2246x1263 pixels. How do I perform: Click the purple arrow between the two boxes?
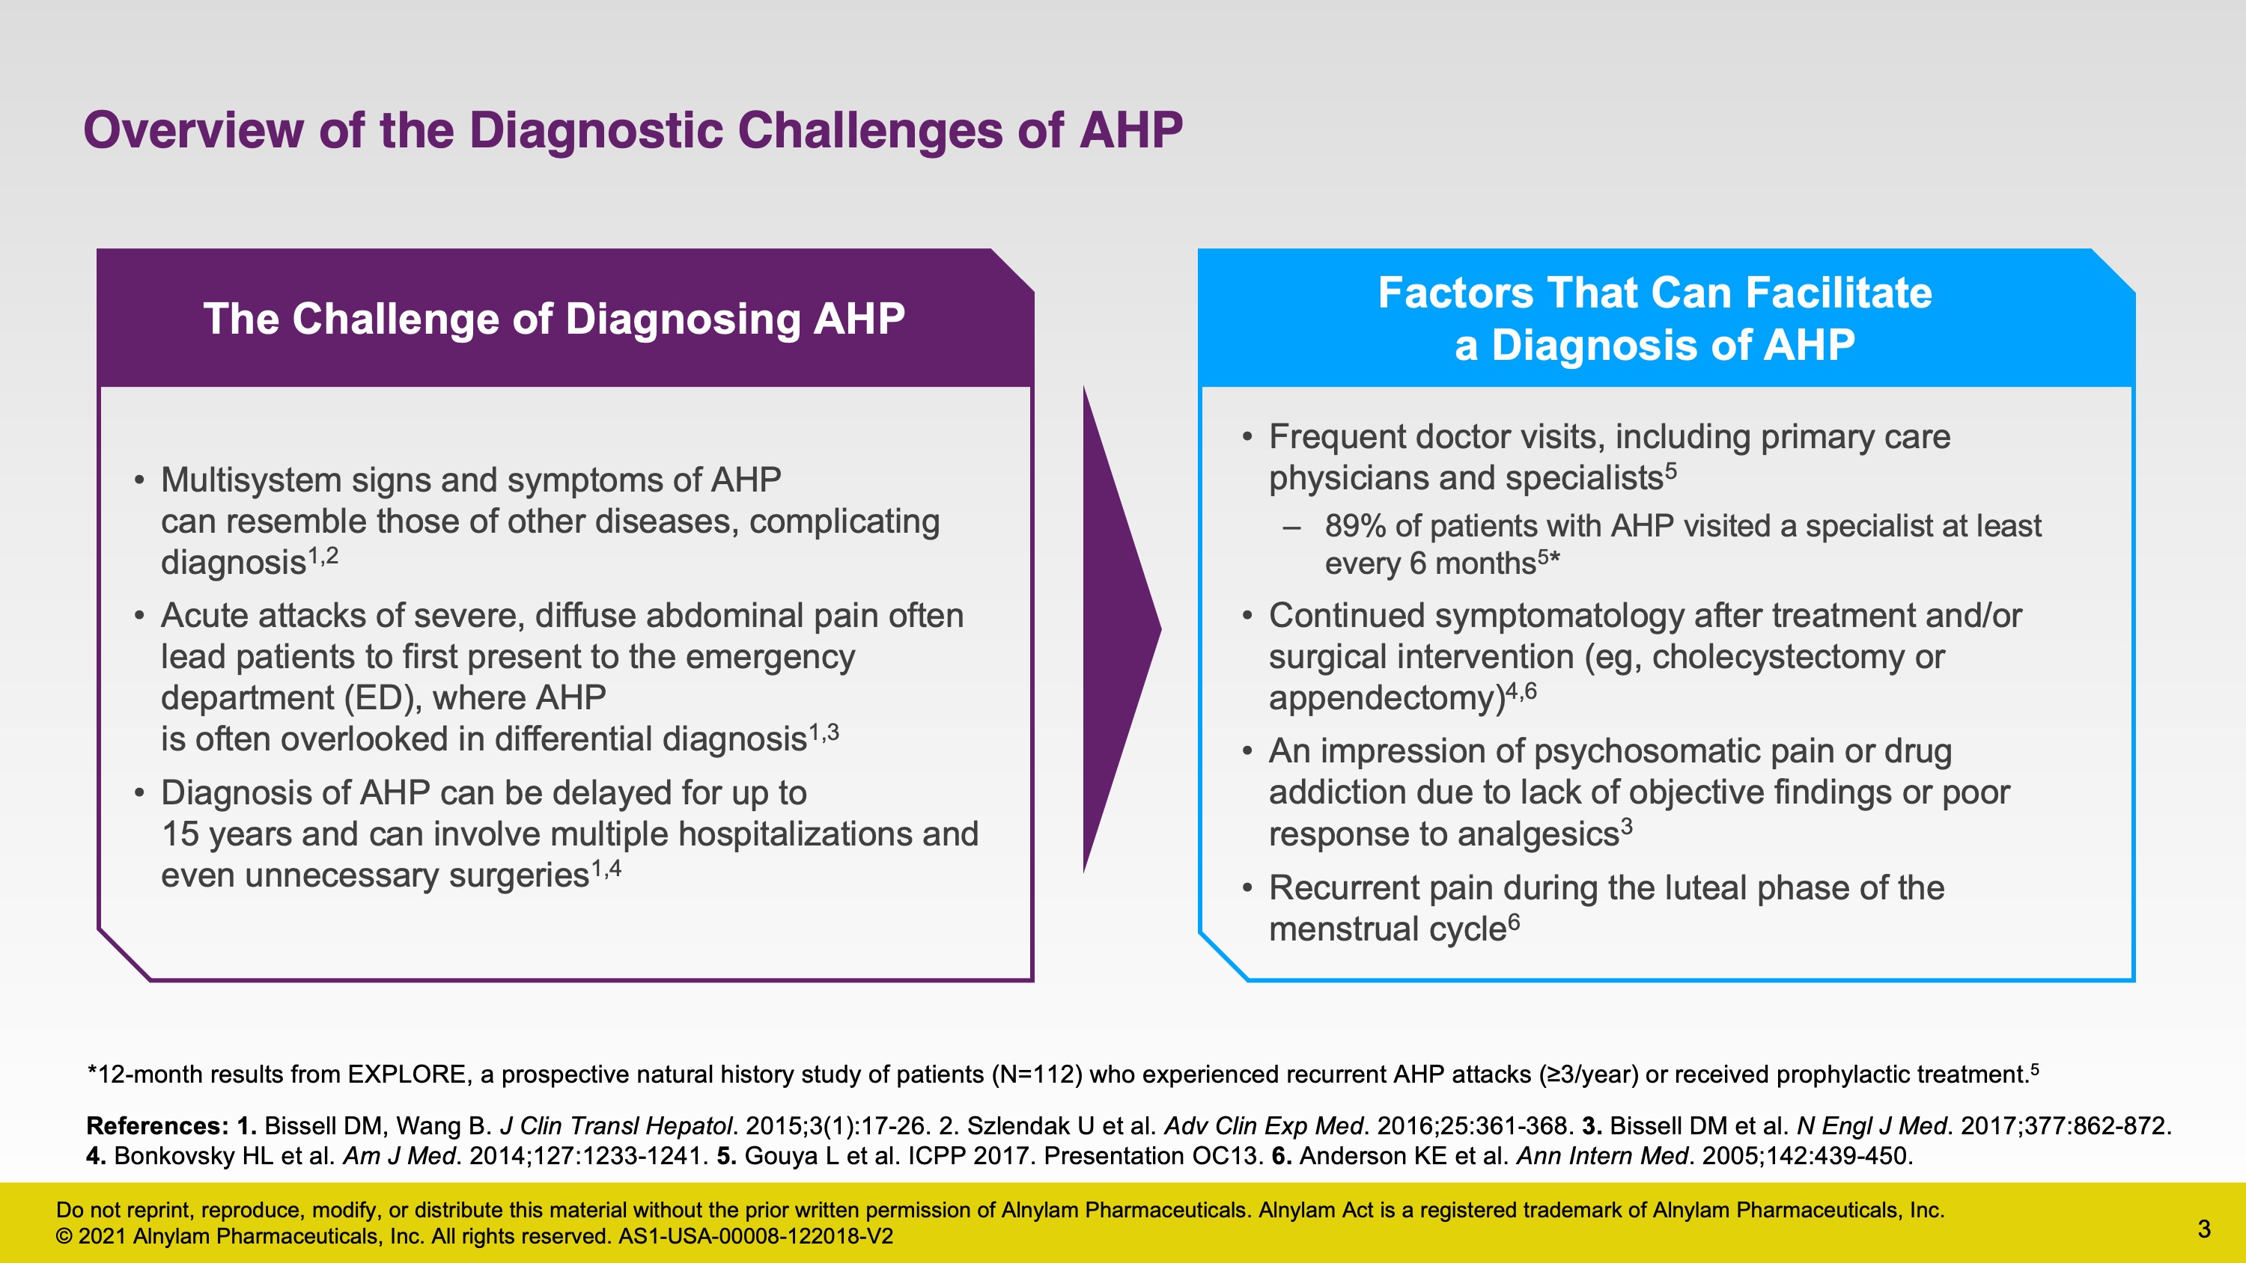pyautogui.click(x=1122, y=629)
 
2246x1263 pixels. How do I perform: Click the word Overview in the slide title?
pyautogui.click(x=194, y=130)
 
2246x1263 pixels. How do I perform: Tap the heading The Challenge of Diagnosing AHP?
pyautogui.click(x=554, y=318)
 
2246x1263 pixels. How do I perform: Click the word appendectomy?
pyautogui.click(x=1387, y=698)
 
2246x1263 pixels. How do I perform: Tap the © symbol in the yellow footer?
pyautogui.click(x=64, y=1236)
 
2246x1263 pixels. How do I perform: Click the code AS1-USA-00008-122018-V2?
pyautogui.click(x=755, y=1236)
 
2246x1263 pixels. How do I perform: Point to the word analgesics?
pyautogui.click(x=1538, y=834)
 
